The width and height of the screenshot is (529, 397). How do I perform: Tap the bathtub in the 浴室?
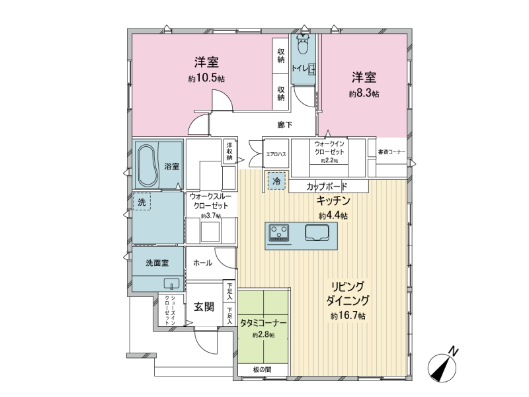pos(148,165)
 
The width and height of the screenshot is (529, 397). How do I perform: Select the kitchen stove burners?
pos(278,233)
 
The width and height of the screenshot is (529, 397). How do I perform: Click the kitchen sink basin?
pos(317,233)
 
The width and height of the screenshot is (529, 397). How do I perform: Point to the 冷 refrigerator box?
pos(276,181)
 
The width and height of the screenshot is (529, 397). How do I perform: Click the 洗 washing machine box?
pos(142,202)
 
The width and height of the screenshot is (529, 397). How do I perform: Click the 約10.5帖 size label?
pos(206,78)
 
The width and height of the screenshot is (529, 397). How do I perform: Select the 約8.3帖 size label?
pos(364,93)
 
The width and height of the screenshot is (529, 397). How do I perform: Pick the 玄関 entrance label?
pos(204,306)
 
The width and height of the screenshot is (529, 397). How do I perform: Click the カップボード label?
pos(327,187)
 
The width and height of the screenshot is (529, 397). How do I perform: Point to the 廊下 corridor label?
pos(285,125)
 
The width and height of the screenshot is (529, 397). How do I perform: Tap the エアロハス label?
pos(276,154)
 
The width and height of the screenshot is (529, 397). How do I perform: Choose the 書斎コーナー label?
pos(391,152)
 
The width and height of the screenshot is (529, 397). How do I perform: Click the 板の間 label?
pos(262,369)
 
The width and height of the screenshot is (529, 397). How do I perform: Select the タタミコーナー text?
pos(263,323)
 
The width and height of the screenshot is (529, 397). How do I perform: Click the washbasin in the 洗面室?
pos(172,284)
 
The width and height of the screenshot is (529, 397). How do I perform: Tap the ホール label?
pos(202,263)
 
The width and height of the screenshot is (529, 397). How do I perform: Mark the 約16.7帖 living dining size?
pos(348,316)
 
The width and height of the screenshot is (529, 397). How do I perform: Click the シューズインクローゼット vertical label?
pos(170,310)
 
